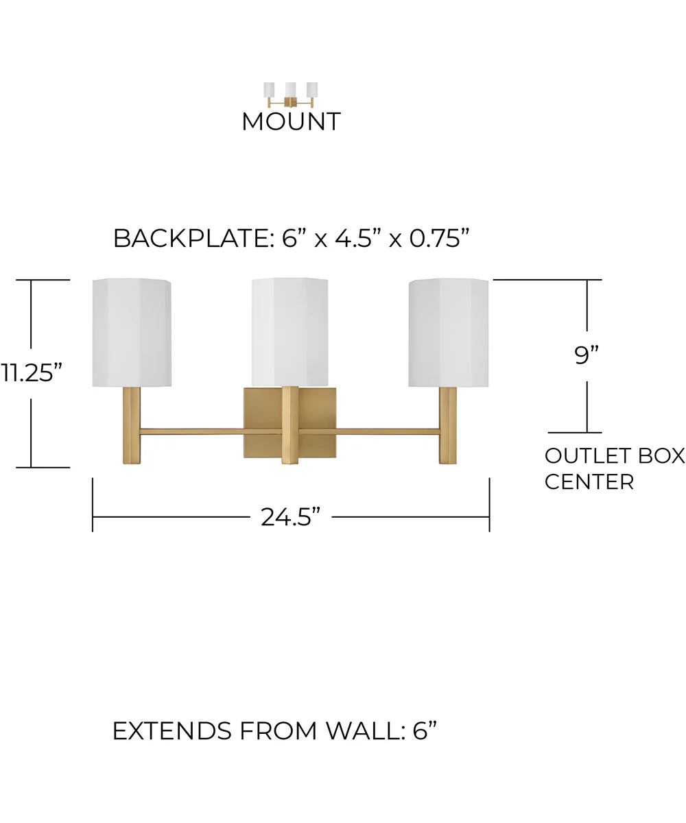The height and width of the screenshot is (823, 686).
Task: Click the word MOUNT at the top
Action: click(291, 121)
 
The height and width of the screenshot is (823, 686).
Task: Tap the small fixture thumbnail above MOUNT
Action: click(291, 95)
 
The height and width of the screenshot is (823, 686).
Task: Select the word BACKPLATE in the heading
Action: click(191, 239)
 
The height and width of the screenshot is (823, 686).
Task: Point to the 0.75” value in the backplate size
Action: click(440, 238)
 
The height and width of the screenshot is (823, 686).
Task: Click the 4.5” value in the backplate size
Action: click(357, 238)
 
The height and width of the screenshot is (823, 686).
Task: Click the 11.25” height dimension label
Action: click(31, 372)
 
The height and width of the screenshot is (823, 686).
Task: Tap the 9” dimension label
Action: click(587, 355)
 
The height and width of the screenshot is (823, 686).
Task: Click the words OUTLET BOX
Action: click(615, 456)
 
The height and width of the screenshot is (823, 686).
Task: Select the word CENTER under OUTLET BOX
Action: click(589, 481)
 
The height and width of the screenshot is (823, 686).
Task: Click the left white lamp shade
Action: click(132, 333)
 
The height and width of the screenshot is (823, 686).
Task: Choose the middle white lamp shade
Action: click(289, 332)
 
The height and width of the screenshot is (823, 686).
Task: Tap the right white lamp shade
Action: click(448, 333)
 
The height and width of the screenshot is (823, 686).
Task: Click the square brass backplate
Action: click(289, 422)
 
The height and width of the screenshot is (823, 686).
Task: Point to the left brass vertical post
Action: click(131, 425)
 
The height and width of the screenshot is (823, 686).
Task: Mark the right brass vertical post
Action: click(448, 425)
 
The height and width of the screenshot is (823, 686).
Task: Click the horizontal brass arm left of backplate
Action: click(191, 431)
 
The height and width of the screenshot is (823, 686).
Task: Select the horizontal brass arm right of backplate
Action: click(388, 431)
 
